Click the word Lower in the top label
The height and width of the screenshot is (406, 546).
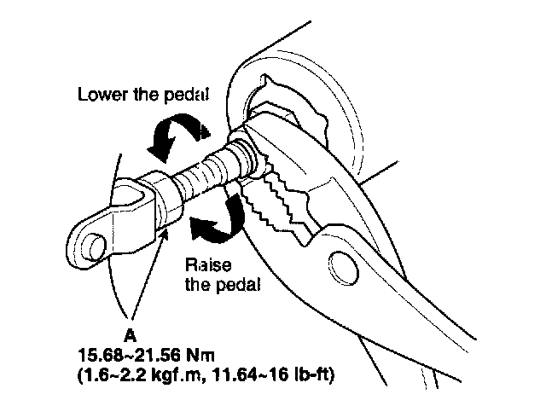point(99,95)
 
